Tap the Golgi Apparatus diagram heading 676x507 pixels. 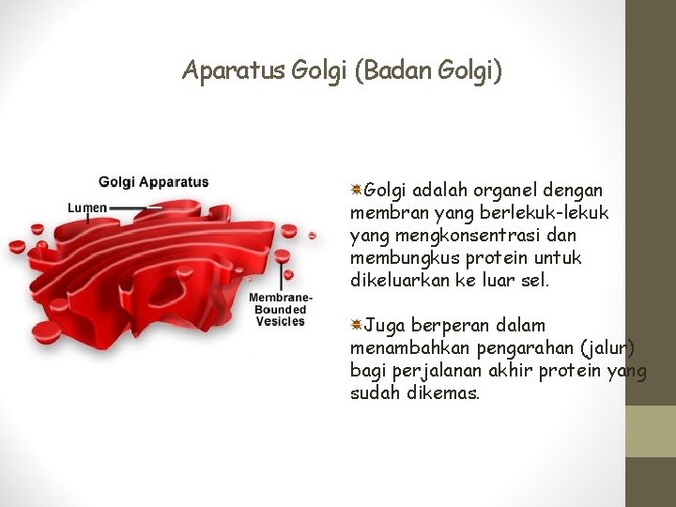pyautogui.click(x=154, y=182)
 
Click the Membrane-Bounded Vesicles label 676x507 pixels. pyautogui.click(x=279, y=309)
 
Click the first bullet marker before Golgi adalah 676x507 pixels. pyautogui.click(x=357, y=190)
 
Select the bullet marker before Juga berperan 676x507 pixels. pyautogui.click(x=357, y=326)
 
